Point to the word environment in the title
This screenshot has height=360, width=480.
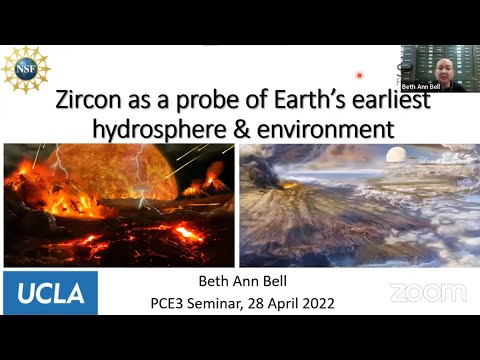coord(331,129)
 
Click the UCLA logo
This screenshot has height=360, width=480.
coord(50,292)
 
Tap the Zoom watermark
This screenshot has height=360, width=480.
coord(427,293)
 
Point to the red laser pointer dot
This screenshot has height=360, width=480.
coord(359,74)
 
